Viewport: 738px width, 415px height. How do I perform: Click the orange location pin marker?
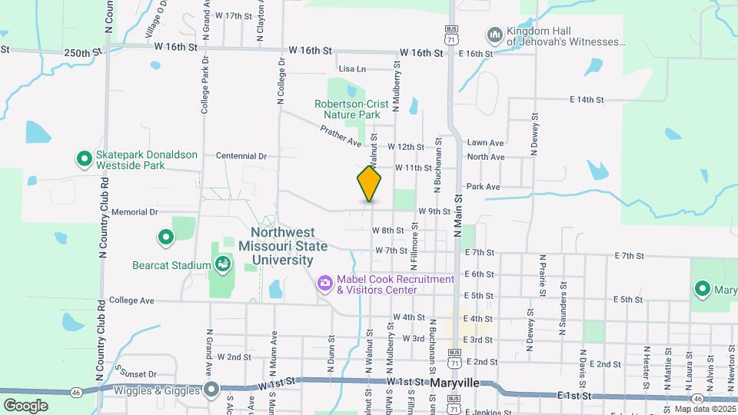point(369,183)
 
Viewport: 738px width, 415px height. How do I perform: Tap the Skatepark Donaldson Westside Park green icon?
point(84,159)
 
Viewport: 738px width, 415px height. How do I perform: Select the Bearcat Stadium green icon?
point(222,265)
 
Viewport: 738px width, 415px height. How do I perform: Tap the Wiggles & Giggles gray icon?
point(211,389)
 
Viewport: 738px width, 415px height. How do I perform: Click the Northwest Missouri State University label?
point(282,246)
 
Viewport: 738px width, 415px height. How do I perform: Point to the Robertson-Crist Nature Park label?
point(347,109)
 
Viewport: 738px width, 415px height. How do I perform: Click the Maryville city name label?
point(454,382)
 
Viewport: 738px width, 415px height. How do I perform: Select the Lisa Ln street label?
point(351,68)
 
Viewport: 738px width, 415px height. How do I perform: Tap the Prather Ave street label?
point(341,138)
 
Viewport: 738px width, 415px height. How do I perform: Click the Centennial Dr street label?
point(241,155)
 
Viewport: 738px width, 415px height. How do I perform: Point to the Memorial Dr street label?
point(135,211)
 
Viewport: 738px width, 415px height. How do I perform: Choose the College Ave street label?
point(132,300)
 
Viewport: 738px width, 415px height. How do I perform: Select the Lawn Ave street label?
point(485,143)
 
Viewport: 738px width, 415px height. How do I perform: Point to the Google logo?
point(25,405)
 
